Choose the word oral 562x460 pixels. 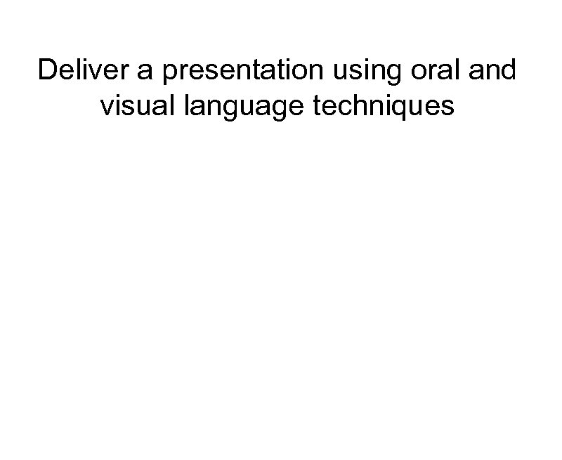pyautogui.click(x=428, y=71)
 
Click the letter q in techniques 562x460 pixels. pyautogui.click(x=412, y=110)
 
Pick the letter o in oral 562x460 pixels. pyautogui.click(x=410, y=72)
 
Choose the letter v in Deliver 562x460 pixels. pyautogui.click(x=98, y=72)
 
